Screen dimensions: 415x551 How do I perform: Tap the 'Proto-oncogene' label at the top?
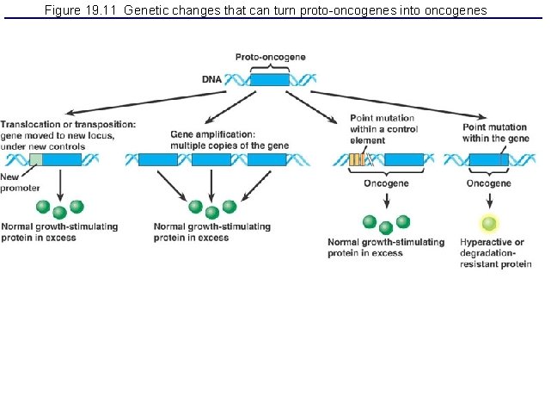(x=270, y=57)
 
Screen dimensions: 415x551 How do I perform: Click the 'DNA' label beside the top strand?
(x=211, y=79)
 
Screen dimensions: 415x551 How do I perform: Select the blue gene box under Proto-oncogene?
(x=270, y=79)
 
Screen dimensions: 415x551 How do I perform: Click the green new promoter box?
(x=35, y=159)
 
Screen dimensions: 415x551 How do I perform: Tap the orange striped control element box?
(x=357, y=159)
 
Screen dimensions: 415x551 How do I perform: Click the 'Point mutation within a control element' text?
(x=383, y=128)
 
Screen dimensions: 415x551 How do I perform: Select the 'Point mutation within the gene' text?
(x=496, y=133)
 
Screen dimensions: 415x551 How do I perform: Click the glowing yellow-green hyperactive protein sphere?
(x=489, y=224)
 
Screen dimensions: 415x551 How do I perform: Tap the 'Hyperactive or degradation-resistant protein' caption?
(x=494, y=253)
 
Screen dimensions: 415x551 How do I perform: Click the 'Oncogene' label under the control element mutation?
(x=386, y=183)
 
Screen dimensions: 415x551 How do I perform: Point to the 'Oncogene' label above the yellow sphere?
(x=488, y=183)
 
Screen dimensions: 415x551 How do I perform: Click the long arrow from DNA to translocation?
(x=138, y=99)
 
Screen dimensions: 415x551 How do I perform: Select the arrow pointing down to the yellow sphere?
(x=489, y=201)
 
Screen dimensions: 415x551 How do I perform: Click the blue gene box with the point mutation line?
(x=489, y=159)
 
